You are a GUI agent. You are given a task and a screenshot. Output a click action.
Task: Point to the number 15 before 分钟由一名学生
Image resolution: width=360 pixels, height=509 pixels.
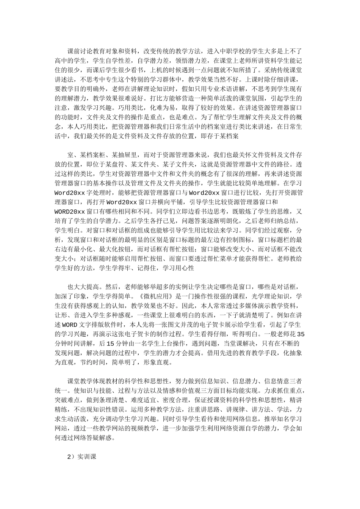point(110,343)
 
